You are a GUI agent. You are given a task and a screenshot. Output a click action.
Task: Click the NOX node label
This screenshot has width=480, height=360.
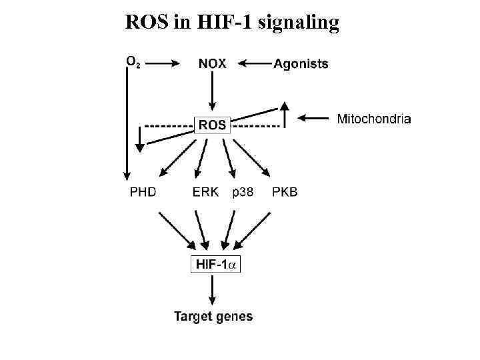coord(213,64)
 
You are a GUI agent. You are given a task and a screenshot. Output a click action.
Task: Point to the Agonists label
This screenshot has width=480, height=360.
coord(301,64)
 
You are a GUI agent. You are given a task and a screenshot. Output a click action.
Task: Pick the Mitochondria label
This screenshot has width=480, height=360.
coord(374,119)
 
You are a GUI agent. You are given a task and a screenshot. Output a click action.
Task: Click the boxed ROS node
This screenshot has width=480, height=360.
coord(213,125)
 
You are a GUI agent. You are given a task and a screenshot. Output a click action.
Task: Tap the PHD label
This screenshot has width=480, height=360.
coord(143,193)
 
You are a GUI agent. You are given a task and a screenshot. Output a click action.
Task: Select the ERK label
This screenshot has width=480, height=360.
coord(205,193)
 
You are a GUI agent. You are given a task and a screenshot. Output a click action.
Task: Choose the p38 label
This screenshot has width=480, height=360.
coord(243,193)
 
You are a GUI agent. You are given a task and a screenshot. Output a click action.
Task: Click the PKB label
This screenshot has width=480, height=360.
coord(285,193)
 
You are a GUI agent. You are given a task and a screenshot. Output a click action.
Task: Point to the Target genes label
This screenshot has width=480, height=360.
coord(213,316)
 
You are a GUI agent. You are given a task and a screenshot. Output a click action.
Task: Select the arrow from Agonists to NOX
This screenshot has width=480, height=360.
coord(255,64)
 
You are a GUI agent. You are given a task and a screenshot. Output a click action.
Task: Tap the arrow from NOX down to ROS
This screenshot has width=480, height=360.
coord(213,92)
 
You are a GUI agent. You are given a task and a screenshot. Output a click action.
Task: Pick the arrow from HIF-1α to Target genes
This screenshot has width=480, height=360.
coord(213,291)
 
